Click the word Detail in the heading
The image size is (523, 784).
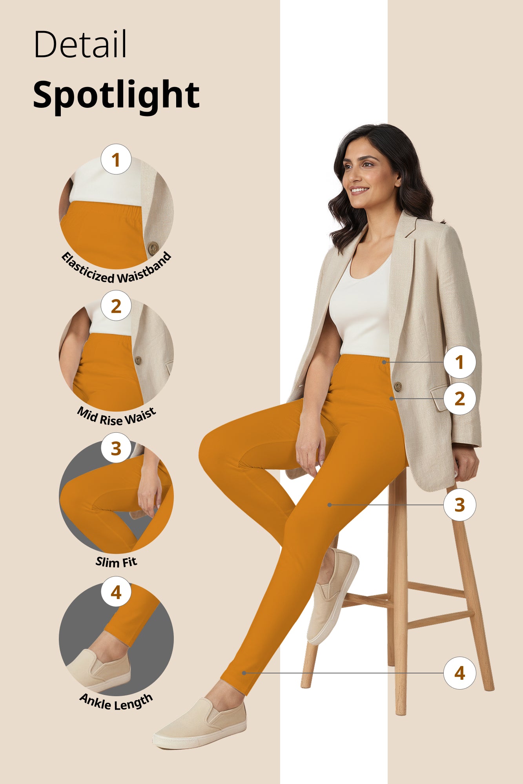click(x=80, y=44)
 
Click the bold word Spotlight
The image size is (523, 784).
click(x=116, y=94)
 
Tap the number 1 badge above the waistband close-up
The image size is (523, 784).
click(x=116, y=160)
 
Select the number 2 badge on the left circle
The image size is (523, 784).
click(x=116, y=306)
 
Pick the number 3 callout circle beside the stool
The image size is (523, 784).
click(x=459, y=505)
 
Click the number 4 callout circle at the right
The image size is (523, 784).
click(x=459, y=673)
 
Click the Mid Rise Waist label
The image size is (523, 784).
click(x=117, y=416)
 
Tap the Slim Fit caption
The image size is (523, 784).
click(x=117, y=562)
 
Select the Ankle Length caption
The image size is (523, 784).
click(x=116, y=702)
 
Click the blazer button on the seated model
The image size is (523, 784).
click(x=397, y=387)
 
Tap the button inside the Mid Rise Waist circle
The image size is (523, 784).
click(x=138, y=360)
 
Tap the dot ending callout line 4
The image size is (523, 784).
click(x=244, y=673)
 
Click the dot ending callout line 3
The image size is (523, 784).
click(x=330, y=505)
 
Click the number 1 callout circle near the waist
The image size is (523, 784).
click(x=459, y=362)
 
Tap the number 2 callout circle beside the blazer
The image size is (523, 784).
click(x=459, y=399)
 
